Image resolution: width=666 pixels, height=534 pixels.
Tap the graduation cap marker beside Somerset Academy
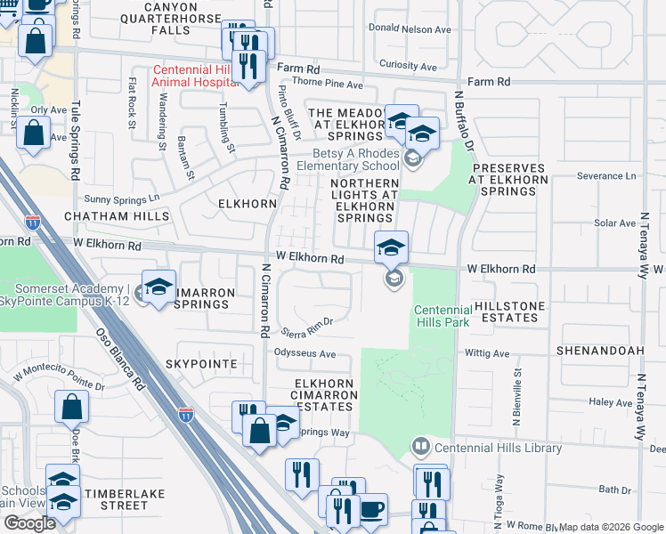[x=158, y=287]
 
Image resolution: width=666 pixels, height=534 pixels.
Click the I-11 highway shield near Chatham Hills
[x=33, y=222]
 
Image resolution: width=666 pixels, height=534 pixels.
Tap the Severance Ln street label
[x=606, y=176]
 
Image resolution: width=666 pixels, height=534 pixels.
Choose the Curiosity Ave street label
[x=408, y=66]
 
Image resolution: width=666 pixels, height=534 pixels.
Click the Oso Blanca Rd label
[x=119, y=363]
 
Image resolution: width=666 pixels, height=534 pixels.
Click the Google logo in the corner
[x=29, y=523]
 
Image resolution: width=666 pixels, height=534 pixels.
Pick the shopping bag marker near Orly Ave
[x=33, y=133]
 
